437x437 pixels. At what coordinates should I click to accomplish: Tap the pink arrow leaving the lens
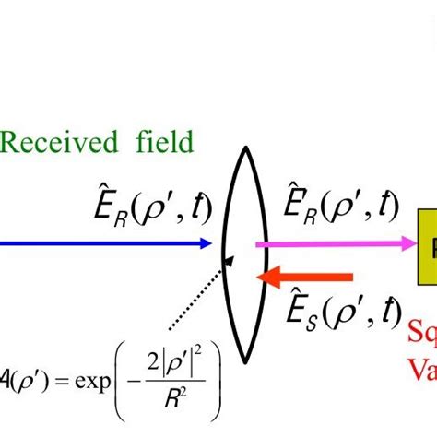332,243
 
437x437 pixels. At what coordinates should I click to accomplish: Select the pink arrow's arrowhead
407,243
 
